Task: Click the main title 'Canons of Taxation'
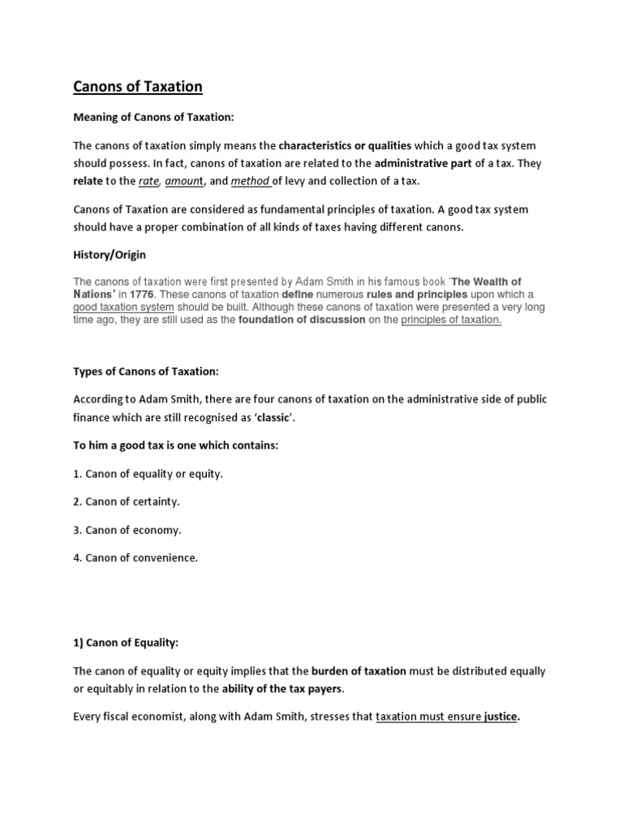138,86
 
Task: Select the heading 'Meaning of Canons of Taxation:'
153,118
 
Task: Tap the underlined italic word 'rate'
148,180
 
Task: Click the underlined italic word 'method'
250,180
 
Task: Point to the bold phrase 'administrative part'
423,163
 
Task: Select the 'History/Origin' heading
110,255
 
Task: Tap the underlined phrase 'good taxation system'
123,308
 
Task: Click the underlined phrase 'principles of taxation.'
451,321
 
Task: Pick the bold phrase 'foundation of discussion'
301,321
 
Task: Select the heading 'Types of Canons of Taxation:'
146,372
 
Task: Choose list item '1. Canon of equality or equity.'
148,474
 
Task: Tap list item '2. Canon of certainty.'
127,502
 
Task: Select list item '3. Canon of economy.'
127,530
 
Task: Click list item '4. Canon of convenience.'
135,558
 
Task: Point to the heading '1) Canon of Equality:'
126,643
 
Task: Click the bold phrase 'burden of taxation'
359,671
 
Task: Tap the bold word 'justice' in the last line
501,717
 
